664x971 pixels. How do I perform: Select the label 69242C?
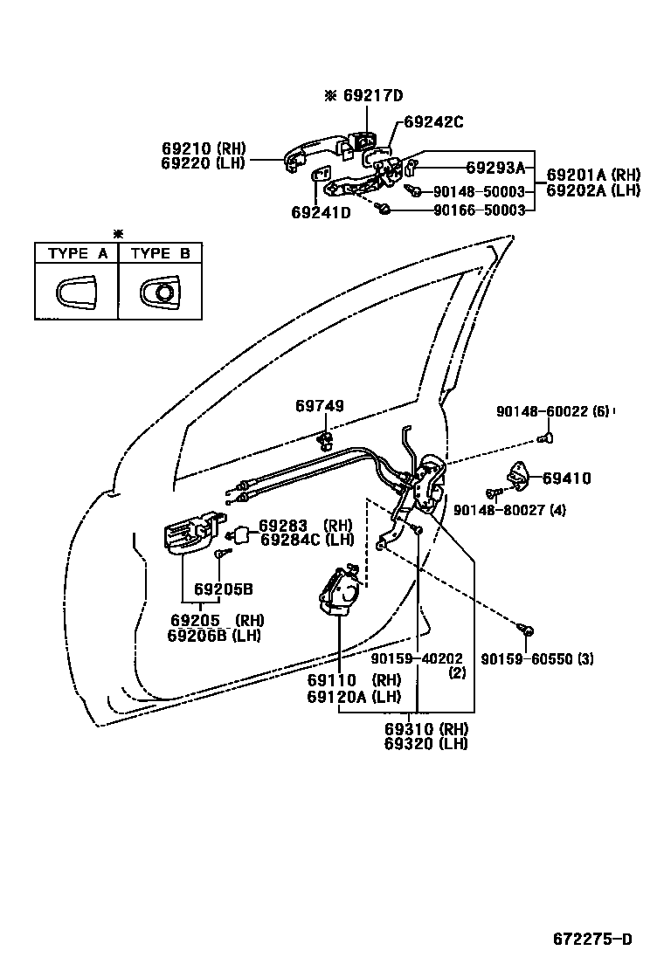(x=433, y=122)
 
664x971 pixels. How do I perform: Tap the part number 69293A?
(x=495, y=168)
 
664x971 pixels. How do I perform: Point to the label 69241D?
(x=321, y=212)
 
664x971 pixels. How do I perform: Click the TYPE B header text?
(x=160, y=253)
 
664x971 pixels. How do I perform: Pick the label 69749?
(x=319, y=406)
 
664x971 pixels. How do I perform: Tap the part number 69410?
(x=566, y=479)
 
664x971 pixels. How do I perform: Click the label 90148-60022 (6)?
(x=552, y=411)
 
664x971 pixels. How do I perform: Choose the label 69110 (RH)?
(x=352, y=679)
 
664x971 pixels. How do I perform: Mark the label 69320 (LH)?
(x=425, y=744)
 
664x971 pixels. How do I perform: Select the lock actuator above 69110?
(x=342, y=593)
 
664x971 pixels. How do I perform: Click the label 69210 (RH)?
(x=204, y=148)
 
